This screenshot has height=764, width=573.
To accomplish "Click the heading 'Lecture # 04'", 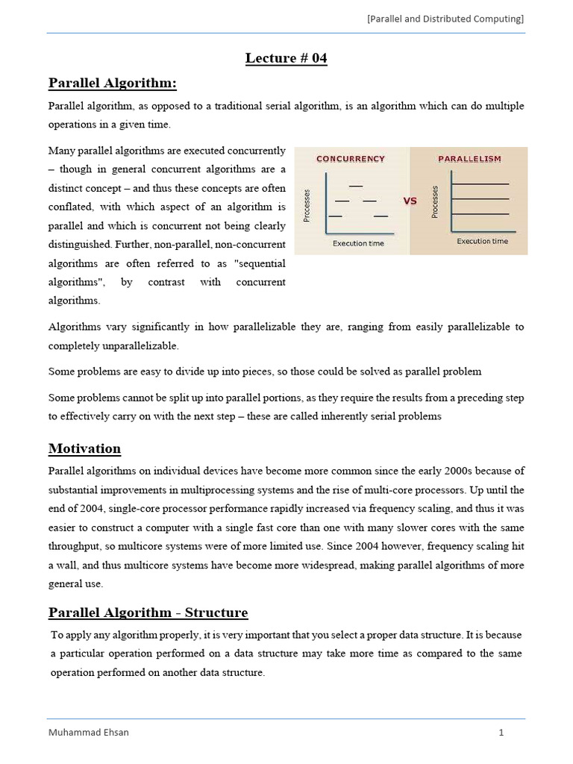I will tap(286, 58).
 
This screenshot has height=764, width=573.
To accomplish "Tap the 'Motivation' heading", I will tap(84, 448).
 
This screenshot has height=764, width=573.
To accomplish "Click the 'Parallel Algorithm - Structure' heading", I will tap(148, 613).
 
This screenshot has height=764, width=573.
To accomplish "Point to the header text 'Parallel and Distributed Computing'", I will tap(445, 19).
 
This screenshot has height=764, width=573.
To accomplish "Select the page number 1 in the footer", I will tap(501, 732).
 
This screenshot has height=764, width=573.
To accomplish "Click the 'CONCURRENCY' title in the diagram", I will tap(351, 159).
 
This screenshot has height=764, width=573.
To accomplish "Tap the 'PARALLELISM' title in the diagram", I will tap(469, 159).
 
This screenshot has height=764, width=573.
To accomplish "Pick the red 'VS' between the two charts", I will tap(410, 201).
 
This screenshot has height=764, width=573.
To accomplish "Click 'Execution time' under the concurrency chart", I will tap(358, 243).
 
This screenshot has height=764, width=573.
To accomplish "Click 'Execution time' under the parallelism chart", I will tap(482, 241).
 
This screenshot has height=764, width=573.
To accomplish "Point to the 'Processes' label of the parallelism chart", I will tap(435, 202).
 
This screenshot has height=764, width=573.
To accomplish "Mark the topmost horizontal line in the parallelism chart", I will tap(480, 184).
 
